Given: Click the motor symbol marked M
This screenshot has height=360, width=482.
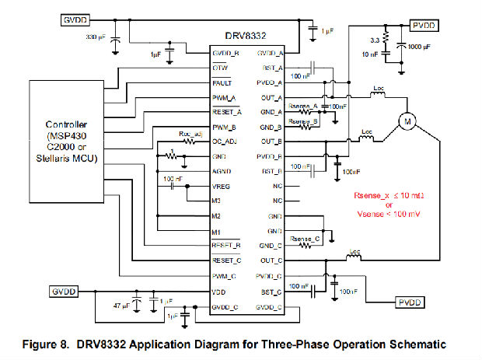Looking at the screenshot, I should [406, 121].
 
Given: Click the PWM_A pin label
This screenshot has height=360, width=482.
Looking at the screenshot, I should [225, 96].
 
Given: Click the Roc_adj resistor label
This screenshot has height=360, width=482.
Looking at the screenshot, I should [190, 132].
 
